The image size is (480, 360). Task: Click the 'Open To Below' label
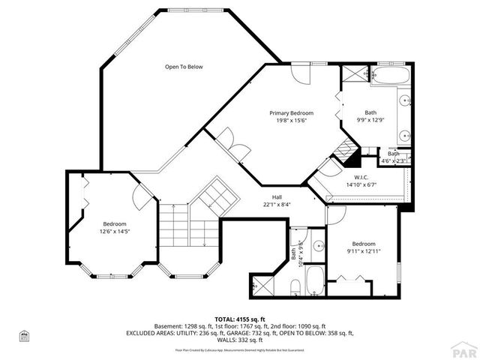point(184,67)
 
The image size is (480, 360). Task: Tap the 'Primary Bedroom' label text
point(291,112)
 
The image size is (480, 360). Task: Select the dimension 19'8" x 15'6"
point(291,120)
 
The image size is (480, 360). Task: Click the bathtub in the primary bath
point(388,76)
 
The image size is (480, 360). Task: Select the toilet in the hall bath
point(295,286)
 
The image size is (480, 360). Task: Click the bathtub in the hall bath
point(315,280)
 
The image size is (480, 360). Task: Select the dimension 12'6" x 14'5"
point(115,232)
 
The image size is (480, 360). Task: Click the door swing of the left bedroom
point(142,197)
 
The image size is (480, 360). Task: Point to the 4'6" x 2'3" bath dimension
point(394,160)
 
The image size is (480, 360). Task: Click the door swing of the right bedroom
point(334,214)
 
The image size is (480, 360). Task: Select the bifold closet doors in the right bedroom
point(351,279)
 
